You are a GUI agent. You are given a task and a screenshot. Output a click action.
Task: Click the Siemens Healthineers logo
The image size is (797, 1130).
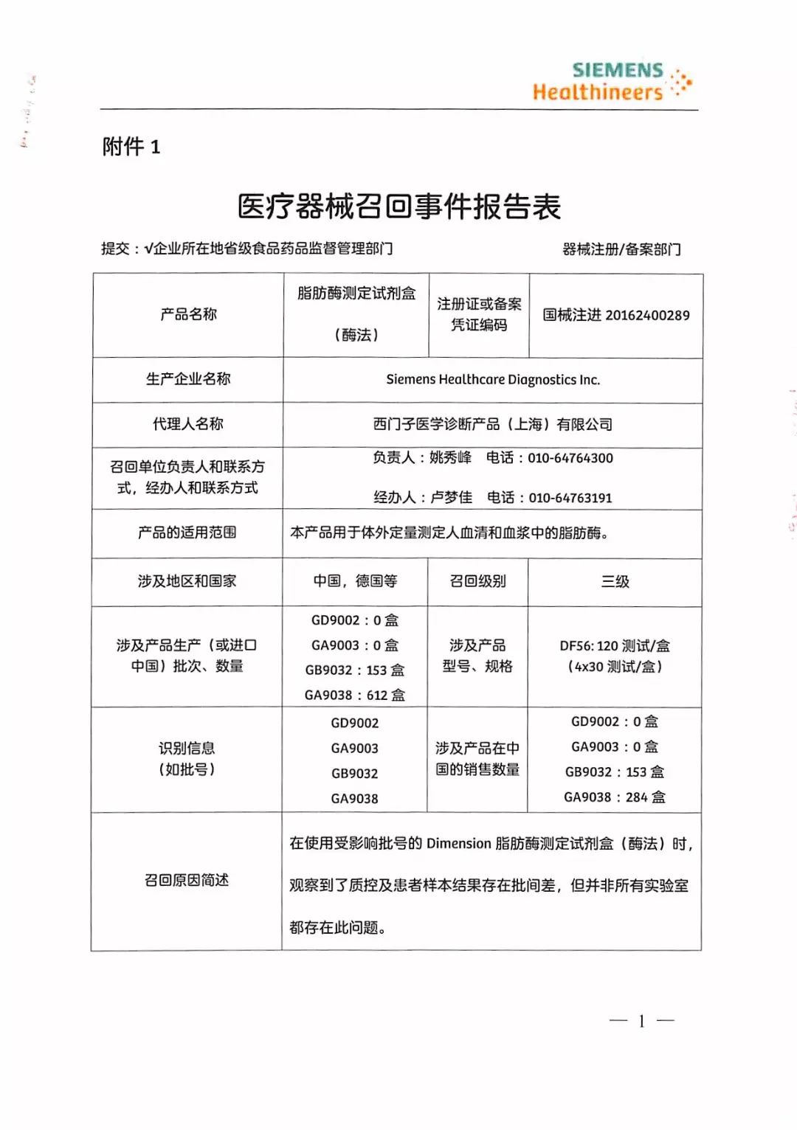pos(611,81)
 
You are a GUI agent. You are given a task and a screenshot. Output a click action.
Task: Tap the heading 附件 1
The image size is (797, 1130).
pos(131,147)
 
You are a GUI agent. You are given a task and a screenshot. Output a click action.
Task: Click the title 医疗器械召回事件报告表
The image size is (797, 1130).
pos(398,207)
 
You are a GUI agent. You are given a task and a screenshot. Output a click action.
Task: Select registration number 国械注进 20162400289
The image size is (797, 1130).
pos(615,316)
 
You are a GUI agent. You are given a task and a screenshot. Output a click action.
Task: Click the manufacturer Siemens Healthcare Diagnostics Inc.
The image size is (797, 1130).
pos(493,380)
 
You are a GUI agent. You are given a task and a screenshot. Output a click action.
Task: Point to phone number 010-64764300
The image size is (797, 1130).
pos(570,458)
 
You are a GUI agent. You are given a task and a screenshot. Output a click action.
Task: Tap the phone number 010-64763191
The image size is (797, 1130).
pos(570,498)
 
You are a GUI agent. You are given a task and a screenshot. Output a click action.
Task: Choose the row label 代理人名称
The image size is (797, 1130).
pos(187,424)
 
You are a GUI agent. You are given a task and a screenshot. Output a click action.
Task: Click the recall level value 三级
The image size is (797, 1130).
pos(615,582)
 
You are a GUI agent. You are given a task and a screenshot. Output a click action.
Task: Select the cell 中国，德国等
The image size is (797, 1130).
pos(354,581)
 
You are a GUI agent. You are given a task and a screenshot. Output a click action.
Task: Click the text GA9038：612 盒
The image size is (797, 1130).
pos(354,695)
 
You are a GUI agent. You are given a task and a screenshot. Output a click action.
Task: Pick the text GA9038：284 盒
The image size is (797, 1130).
pos(614,797)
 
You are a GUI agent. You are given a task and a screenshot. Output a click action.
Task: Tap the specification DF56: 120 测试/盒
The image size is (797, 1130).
pos(614,646)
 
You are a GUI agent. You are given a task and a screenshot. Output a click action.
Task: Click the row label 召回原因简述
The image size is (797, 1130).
pos(186,880)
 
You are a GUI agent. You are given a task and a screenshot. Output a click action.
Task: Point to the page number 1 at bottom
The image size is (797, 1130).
pos(641,1021)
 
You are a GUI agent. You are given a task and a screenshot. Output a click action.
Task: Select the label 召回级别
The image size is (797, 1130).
pos(477,581)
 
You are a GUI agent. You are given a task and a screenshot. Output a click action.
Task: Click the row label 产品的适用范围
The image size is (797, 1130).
pos(187,533)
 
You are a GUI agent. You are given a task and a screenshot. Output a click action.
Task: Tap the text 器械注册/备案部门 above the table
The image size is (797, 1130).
pos(621,249)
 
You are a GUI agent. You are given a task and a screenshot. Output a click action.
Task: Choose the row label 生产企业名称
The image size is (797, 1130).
pos(187,379)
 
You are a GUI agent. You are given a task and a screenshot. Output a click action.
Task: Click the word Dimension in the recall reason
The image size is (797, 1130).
pos(458,844)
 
